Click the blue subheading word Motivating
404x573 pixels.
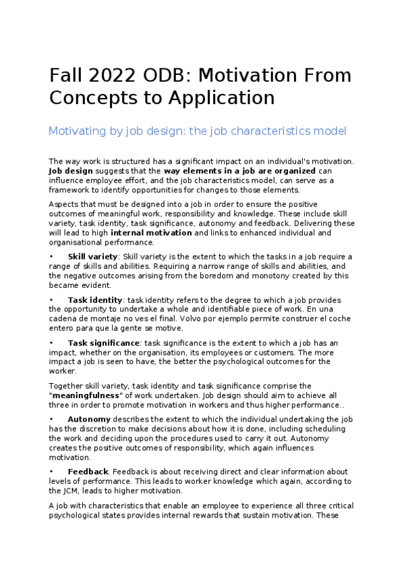point(76,130)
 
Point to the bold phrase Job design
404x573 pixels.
point(71,172)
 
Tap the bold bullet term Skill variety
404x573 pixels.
point(92,257)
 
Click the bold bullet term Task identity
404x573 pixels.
point(95,300)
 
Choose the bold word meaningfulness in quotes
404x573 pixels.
point(88,395)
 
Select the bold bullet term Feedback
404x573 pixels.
point(88,472)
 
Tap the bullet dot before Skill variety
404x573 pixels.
point(51,257)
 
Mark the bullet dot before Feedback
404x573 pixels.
point(51,472)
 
